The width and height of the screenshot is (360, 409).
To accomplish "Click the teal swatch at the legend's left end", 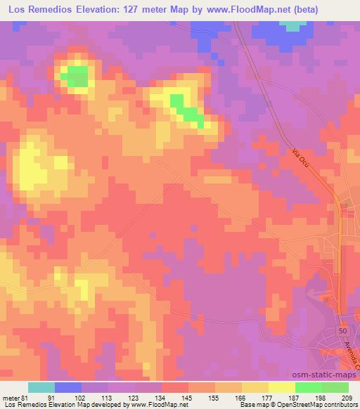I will point(41,387).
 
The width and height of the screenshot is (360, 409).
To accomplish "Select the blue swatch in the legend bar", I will point(68,387).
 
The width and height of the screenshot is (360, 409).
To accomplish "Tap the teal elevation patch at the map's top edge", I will point(291,25).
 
